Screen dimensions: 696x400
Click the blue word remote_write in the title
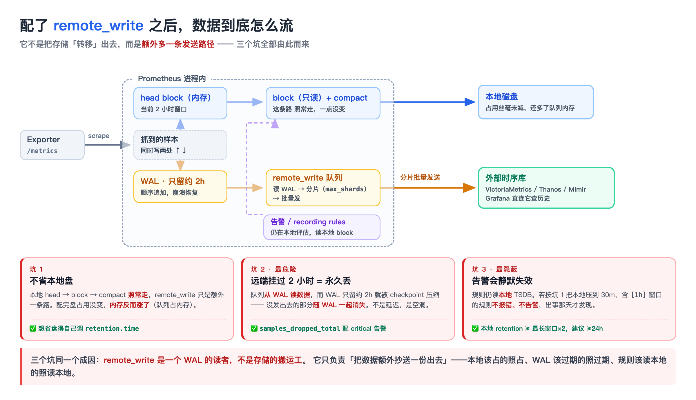[x=99, y=26]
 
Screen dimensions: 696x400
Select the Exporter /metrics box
[x=52, y=145]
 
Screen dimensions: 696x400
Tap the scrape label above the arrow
[x=99, y=136]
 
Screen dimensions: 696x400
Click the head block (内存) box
[x=180, y=103]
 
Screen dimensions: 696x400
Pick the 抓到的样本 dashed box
[x=180, y=145]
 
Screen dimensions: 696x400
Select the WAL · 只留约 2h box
[x=180, y=187]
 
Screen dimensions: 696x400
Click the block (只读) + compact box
[x=323, y=103]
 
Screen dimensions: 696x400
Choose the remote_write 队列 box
[x=323, y=188]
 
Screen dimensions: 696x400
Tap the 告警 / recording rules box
[x=322, y=227]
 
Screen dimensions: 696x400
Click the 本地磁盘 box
[x=536, y=102]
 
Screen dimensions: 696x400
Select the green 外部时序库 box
[x=546, y=188]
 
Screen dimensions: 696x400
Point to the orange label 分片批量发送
[x=420, y=177]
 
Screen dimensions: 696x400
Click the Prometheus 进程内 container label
[x=172, y=79]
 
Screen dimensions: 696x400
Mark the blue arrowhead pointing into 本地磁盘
[x=470, y=102]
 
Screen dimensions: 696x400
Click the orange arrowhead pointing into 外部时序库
[x=470, y=188]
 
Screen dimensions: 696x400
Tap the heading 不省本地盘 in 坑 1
[x=51, y=281]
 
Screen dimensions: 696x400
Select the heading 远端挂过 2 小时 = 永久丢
[x=301, y=281]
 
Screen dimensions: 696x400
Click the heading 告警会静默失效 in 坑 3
[x=502, y=281]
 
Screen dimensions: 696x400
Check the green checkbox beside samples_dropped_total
[x=254, y=328]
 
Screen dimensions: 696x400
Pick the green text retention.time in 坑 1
[x=112, y=328]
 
